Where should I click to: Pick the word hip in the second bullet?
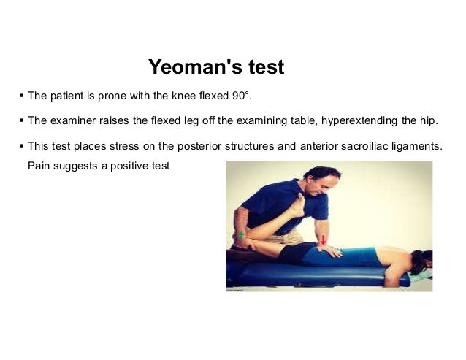[x=431, y=120]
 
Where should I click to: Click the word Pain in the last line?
[x=39, y=166]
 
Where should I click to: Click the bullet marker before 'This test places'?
[x=21, y=145]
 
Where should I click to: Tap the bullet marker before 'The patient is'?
[x=21, y=96]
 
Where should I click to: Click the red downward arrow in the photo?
[x=323, y=239]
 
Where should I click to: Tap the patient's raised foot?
[x=296, y=204]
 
